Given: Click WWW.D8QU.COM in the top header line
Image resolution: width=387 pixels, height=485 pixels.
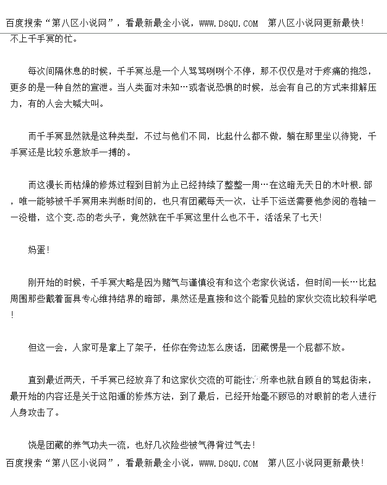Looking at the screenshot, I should pos(229,23).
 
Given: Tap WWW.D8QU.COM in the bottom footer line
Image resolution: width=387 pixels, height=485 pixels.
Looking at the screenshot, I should pos(229,463).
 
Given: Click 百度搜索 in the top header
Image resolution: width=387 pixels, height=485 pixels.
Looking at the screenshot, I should pos(24,23).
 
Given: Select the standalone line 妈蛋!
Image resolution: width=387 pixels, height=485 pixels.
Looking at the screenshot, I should pos(39,250).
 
